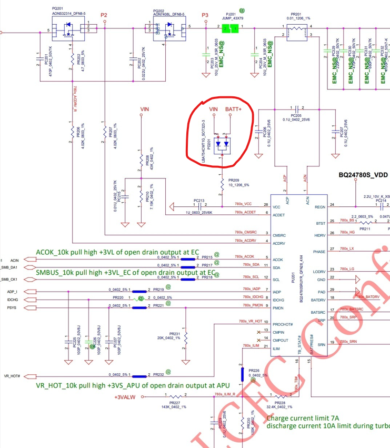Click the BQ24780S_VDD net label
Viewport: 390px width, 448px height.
pyautogui.click(x=363, y=174)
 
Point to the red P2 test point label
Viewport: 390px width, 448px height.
pyautogui.click(x=104, y=15)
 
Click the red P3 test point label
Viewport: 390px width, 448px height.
pyautogui.click(x=205, y=15)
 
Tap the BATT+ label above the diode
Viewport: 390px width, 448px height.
pyautogui.click(x=233, y=109)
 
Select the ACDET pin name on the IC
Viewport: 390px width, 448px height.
pyautogui.click(x=279, y=215)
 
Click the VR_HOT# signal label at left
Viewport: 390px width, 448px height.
pyautogui.click(x=12, y=376)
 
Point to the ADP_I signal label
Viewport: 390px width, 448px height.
pyautogui.click(x=11, y=292)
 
